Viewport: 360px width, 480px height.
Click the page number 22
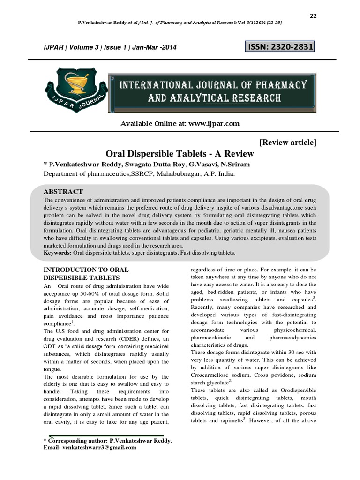click(x=314, y=16)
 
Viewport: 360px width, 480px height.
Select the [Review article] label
click(x=287, y=142)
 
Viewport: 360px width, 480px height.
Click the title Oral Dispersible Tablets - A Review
click(x=180, y=154)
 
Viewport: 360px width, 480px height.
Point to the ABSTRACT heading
click(x=63, y=192)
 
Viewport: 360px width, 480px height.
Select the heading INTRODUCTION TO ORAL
click(x=86, y=270)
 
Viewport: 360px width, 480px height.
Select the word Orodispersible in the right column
click(x=297, y=390)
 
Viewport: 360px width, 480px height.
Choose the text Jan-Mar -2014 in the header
click(x=157, y=47)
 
